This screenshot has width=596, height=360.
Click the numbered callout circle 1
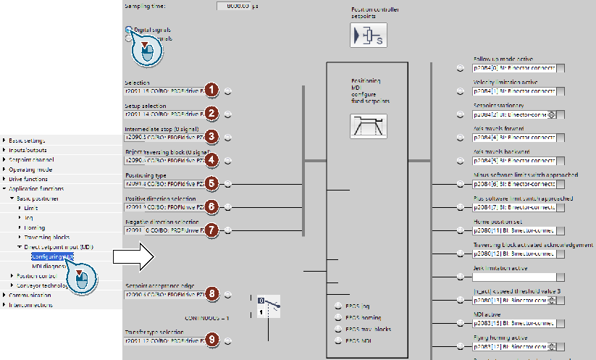pyautogui.click(x=211, y=91)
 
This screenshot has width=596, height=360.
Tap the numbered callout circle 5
pyautogui.click(x=211, y=183)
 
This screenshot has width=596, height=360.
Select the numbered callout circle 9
pyautogui.click(x=211, y=340)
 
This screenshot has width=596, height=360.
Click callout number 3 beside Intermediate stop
pyautogui.click(x=211, y=136)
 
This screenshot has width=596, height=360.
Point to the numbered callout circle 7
pyautogui.click(x=211, y=230)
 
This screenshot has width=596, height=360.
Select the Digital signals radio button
pyautogui.click(x=130, y=30)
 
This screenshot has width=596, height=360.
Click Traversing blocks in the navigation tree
pyautogui.click(x=46, y=237)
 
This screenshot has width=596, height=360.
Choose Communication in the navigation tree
pyautogui.click(x=30, y=296)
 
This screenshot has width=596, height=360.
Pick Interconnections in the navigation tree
pyautogui.click(x=30, y=305)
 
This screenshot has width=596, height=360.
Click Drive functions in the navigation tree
pyautogui.click(x=30, y=179)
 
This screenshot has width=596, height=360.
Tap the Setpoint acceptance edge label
pyautogui.click(x=160, y=285)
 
